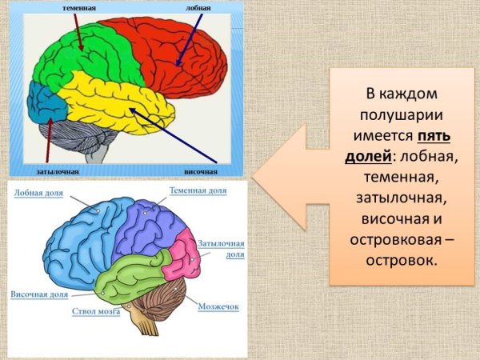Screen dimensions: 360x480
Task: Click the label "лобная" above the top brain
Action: pos(200,8)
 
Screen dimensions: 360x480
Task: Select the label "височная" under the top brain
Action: pos(200,171)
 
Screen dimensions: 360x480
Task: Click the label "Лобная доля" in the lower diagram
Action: pos(39,194)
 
